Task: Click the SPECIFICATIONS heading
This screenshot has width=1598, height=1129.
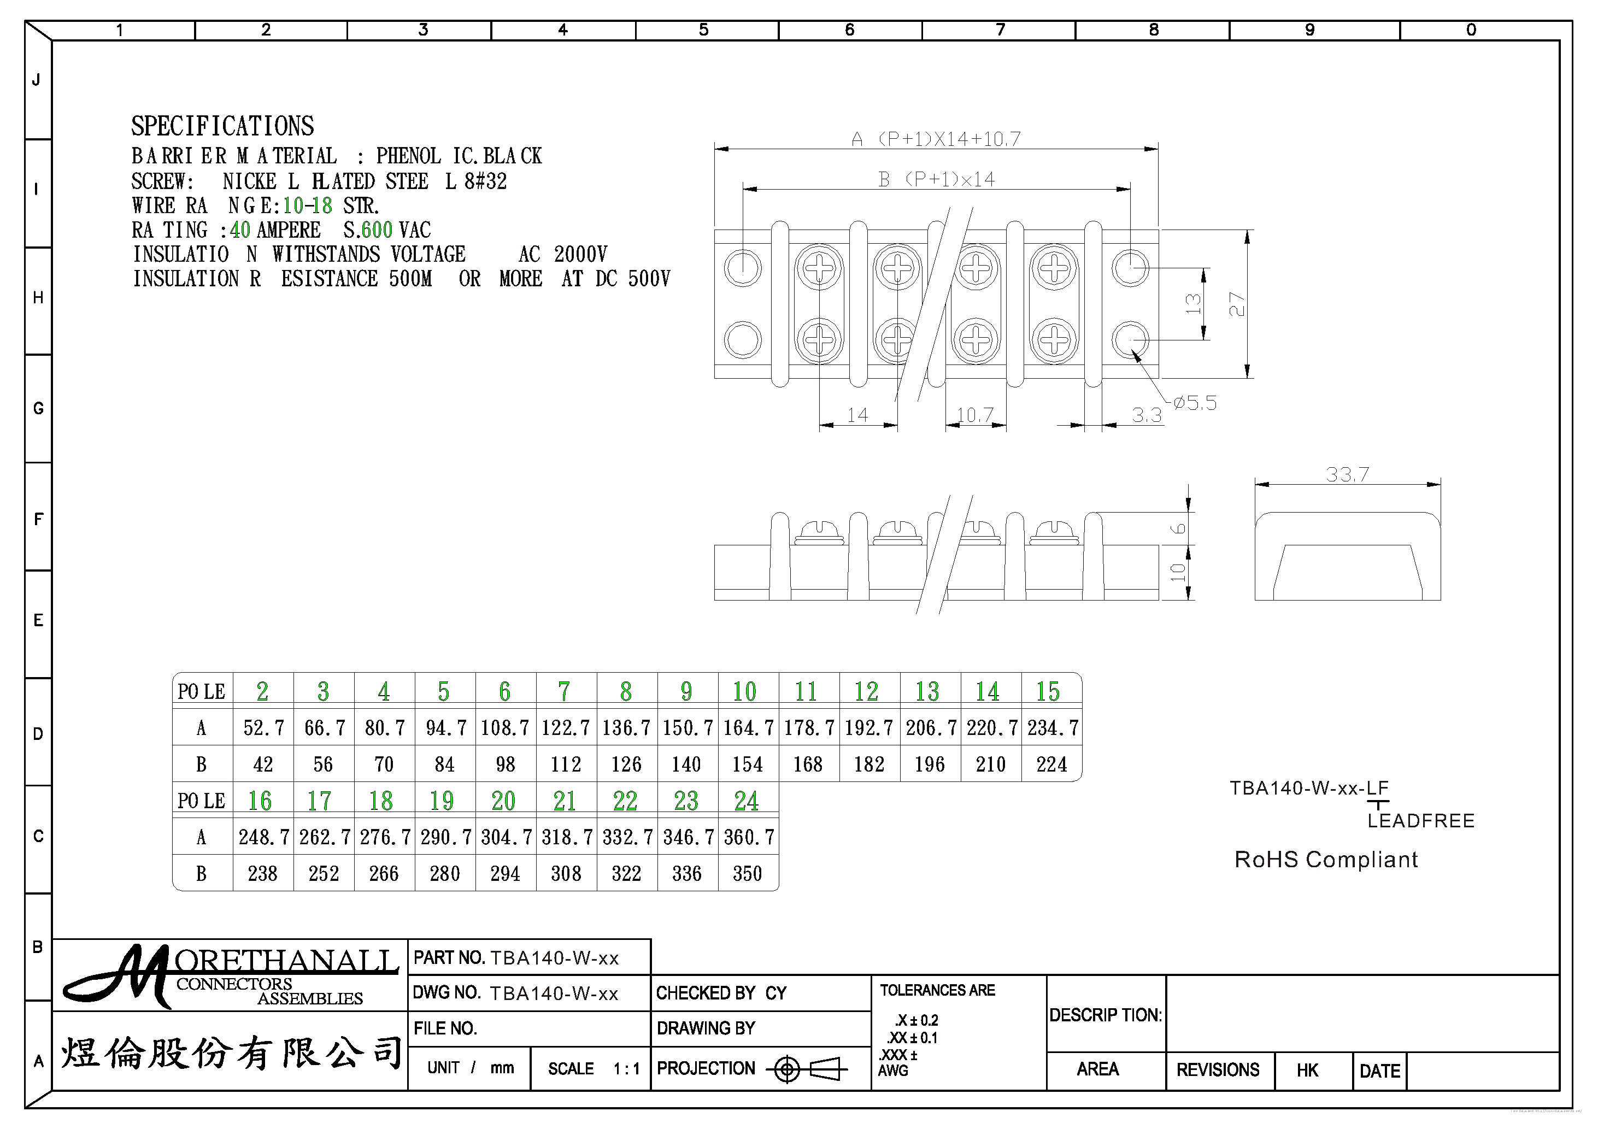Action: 223,126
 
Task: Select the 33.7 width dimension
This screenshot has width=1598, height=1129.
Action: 1347,475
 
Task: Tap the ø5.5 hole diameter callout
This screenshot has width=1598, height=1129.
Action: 1194,403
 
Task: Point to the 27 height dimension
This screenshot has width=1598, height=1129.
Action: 1236,304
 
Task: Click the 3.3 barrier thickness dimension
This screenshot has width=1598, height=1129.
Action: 1146,415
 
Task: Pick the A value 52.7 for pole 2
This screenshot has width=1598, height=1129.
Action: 263,728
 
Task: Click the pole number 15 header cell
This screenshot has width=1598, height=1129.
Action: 1048,691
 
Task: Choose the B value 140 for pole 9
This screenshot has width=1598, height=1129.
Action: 686,765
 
